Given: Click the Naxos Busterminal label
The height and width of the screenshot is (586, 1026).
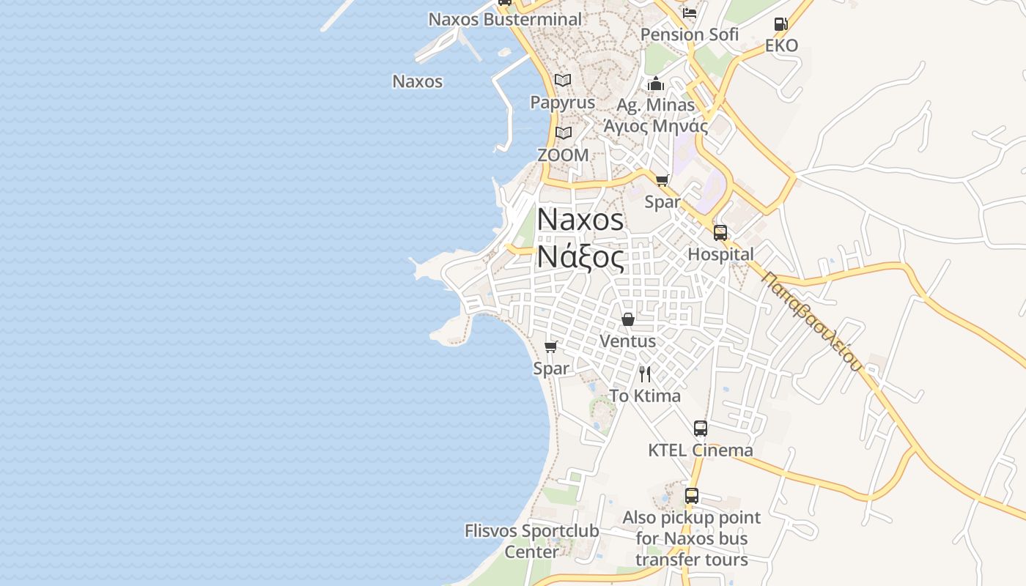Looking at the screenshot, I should click(x=505, y=19).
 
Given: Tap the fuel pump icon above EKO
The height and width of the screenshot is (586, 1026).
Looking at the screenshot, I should click(x=780, y=24).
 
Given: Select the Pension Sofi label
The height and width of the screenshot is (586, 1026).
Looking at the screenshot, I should click(x=689, y=34).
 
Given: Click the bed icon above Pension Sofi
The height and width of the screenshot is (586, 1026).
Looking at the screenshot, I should click(x=690, y=12).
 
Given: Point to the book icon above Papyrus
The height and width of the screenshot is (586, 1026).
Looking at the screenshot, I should click(x=563, y=81).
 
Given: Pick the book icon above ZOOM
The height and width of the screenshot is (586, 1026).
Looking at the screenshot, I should click(x=563, y=133).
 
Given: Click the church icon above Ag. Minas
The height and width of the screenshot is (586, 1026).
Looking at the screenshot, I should click(x=656, y=84).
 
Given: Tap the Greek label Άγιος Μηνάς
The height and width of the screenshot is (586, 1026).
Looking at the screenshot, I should click(x=655, y=126).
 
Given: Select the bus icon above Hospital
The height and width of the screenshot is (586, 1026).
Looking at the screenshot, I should click(x=720, y=233).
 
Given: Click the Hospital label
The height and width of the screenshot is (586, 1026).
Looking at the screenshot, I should click(x=720, y=254).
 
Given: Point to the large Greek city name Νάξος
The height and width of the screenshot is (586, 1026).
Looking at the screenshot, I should click(x=580, y=258).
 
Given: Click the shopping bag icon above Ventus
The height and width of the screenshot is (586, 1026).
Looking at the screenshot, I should click(x=628, y=319).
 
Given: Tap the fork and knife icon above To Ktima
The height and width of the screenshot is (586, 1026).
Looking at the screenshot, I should click(x=645, y=374).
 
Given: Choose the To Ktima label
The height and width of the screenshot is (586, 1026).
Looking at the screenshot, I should click(x=645, y=396).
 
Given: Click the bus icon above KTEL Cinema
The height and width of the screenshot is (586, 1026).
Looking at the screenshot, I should click(x=701, y=429).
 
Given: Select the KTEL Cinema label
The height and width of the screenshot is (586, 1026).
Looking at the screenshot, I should click(x=700, y=450).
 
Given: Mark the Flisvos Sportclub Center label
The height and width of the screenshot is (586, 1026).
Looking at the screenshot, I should click(x=532, y=541).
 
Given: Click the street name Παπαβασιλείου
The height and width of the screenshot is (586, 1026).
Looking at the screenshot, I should click(x=811, y=321).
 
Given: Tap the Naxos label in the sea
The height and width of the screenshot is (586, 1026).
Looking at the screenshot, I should click(x=418, y=81).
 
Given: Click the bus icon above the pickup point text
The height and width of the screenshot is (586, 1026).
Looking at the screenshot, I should click(x=692, y=496).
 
